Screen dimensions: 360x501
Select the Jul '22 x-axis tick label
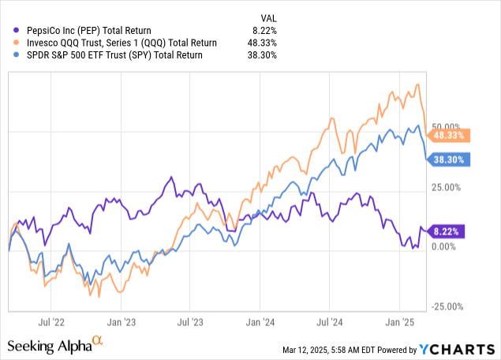pos(50,322)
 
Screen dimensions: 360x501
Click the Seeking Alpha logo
pos(55,345)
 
